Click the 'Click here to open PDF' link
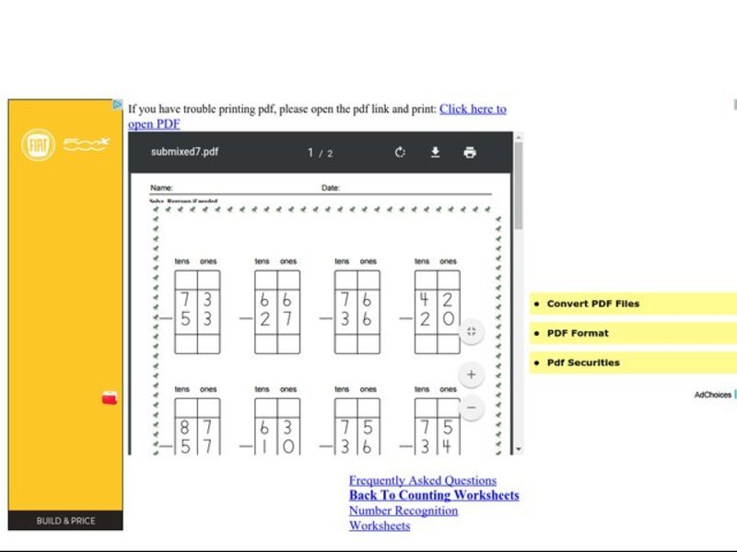pos(473,109)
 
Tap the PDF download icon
pos(436,153)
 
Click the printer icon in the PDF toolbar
pos(470,153)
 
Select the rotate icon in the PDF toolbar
pos(400,153)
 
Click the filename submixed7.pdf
pos(185,153)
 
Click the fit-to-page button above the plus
pos(471,331)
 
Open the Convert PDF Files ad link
pos(592,304)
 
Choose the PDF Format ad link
pos(578,333)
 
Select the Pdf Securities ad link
pos(583,362)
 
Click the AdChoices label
pos(712,395)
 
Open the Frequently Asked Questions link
pos(422,480)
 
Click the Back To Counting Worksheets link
pos(434,495)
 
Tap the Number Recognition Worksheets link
pos(403,511)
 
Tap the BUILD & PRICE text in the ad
pos(65,521)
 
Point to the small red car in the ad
pos(110,398)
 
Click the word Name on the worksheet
pos(161,188)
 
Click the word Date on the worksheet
pos(330,188)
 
